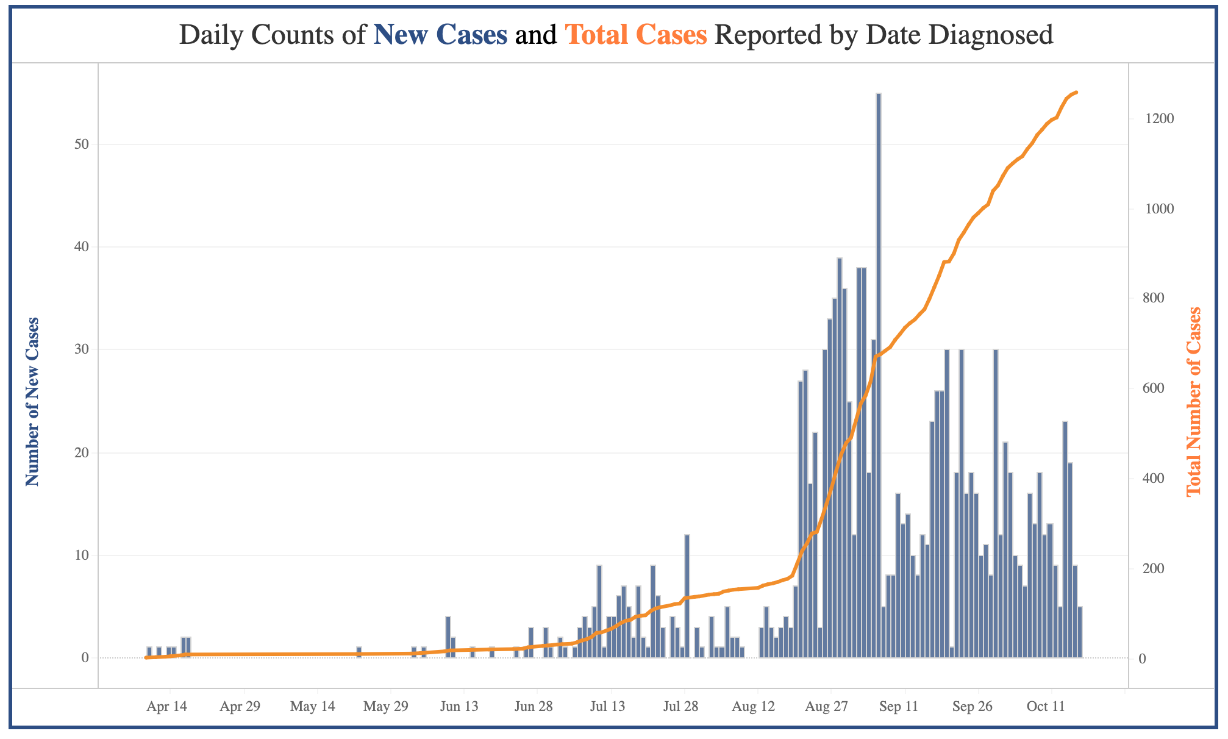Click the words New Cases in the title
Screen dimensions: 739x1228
pyautogui.click(x=440, y=35)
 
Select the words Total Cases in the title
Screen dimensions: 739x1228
pyautogui.click(x=636, y=35)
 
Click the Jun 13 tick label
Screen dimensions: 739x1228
pyautogui.click(x=459, y=707)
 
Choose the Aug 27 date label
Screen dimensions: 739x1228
pyautogui.click(x=826, y=707)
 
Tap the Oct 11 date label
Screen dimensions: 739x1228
pyautogui.click(x=1046, y=707)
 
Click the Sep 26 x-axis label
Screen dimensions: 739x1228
pyautogui.click(x=973, y=707)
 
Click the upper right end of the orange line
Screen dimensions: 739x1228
pyautogui.click(x=1077, y=92)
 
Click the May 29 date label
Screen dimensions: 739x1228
pyautogui.click(x=385, y=707)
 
